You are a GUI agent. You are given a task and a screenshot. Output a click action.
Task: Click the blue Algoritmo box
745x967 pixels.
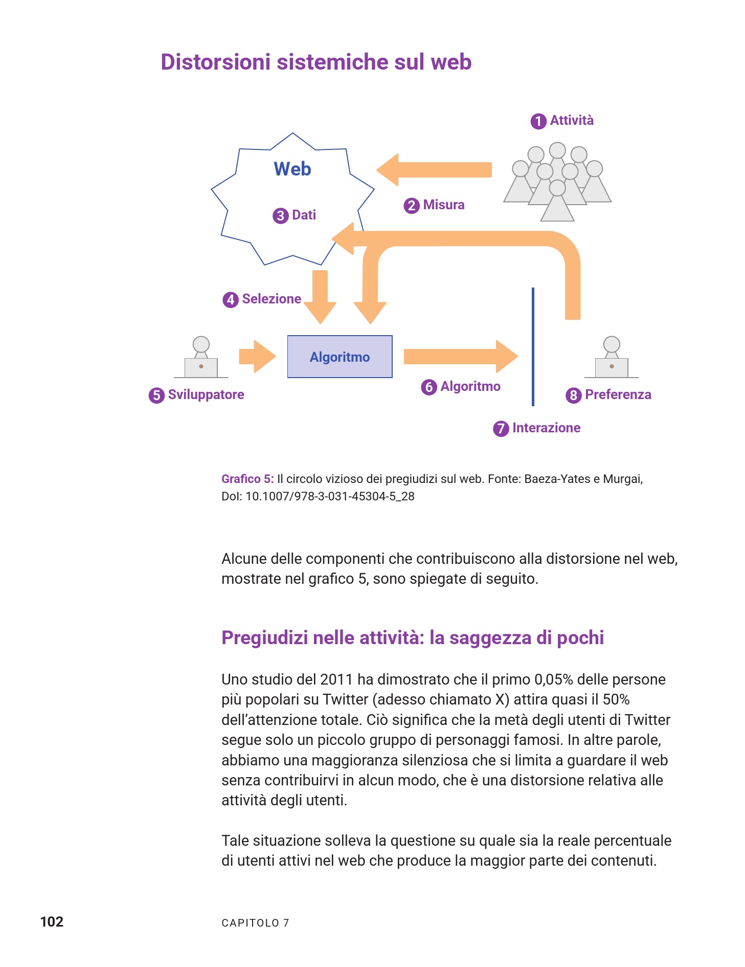click(340, 357)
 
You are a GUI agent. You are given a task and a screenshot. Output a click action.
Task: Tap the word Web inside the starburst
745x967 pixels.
click(292, 169)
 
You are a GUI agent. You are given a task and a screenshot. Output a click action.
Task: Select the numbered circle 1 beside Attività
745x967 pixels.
click(538, 121)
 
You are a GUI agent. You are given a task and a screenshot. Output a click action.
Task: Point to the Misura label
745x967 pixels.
click(443, 205)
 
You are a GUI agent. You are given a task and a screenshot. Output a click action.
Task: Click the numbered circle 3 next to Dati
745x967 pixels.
click(280, 215)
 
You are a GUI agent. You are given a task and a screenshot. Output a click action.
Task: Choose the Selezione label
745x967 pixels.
click(272, 299)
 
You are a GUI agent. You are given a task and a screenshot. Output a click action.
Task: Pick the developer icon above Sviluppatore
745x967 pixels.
click(201, 358)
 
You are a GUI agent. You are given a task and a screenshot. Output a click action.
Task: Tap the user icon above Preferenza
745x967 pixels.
click(612, 358)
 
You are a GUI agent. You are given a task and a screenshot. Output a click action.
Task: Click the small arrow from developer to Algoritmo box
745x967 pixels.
click(257, 357)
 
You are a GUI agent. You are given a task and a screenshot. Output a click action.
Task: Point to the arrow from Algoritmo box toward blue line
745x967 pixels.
click(460, 357)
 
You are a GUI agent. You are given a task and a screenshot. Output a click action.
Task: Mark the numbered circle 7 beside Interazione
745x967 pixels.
click(501, 428)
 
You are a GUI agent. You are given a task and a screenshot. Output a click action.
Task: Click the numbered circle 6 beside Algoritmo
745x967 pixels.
click(428, 387)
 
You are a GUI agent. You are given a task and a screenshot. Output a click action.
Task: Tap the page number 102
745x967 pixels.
click(52, 922)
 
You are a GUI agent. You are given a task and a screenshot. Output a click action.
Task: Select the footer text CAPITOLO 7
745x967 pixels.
click(255, 923)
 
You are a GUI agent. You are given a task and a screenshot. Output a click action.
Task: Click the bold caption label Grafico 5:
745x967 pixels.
click(247, 479)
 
